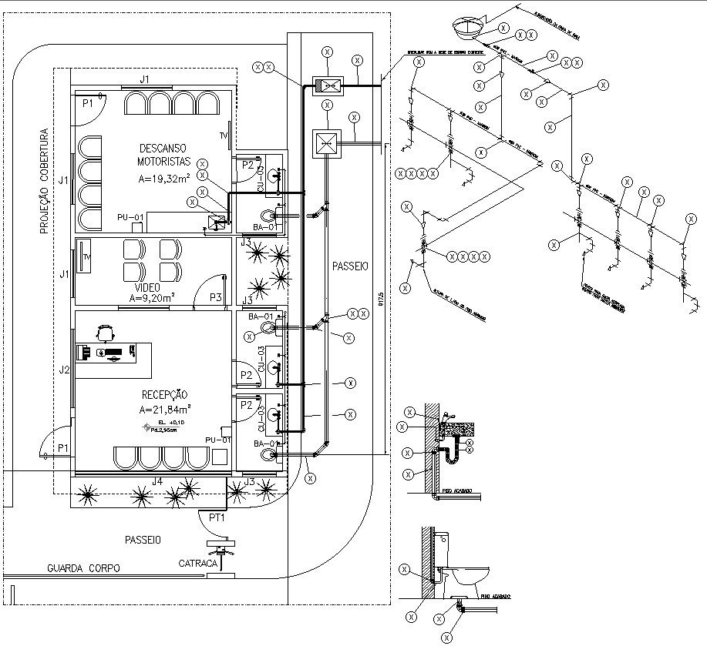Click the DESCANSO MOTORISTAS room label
pos(163,155)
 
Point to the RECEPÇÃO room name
pos(163,395)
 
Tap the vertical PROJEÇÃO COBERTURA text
pos(45,181)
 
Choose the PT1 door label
pos(217,517)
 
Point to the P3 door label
pos(215,297)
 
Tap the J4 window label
pos(157,481)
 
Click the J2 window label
pos(65,370)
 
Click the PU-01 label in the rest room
pos(130,217)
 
